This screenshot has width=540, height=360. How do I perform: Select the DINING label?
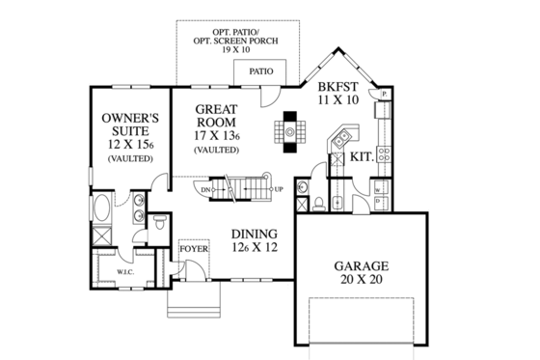[x=255, y=234]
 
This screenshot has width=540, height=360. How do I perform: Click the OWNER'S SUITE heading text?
[x=128, y=124]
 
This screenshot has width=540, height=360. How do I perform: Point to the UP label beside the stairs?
[x=279, y=189]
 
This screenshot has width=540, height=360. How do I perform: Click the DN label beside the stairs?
[x=205, y=190]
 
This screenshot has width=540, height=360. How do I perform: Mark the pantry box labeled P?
[x=384, y=95]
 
